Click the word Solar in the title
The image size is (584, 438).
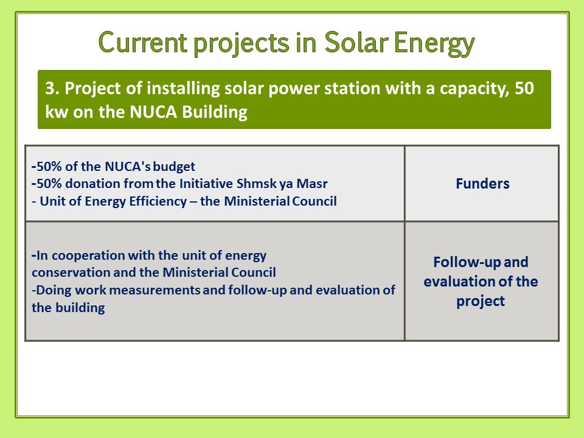click(x=356, y=42)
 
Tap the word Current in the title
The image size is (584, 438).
click(x=142, y=42)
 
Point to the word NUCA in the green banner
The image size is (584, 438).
click(x=153, y=112)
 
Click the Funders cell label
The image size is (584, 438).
click(x=482, y=184)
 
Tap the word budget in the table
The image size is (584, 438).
click(x=174, y=167)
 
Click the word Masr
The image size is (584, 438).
click(x=311, y=184)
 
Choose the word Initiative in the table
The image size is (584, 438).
click(x=206, y=184)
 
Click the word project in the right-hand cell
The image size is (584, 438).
click(x=481, y=301)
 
